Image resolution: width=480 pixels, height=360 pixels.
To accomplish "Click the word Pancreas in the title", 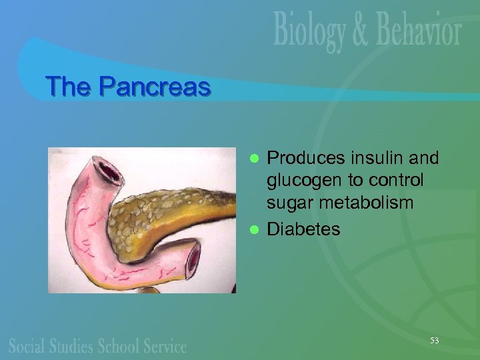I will (155, 87).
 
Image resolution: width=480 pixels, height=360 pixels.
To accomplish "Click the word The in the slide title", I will (70, 87).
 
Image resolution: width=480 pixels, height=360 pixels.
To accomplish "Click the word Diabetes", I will (303, 229).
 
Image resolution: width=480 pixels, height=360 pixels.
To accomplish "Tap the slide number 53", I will (434, 341).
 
